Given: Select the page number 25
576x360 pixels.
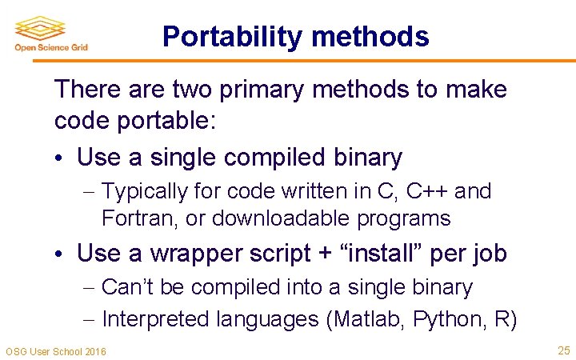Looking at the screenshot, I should click(562, 350).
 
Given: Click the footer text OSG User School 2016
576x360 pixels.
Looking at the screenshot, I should click(56, 351).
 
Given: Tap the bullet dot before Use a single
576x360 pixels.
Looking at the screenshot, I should click(61, 158).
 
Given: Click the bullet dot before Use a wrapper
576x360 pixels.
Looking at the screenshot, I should click(61, 254).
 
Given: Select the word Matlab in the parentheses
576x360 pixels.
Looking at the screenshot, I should click(369, 320).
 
